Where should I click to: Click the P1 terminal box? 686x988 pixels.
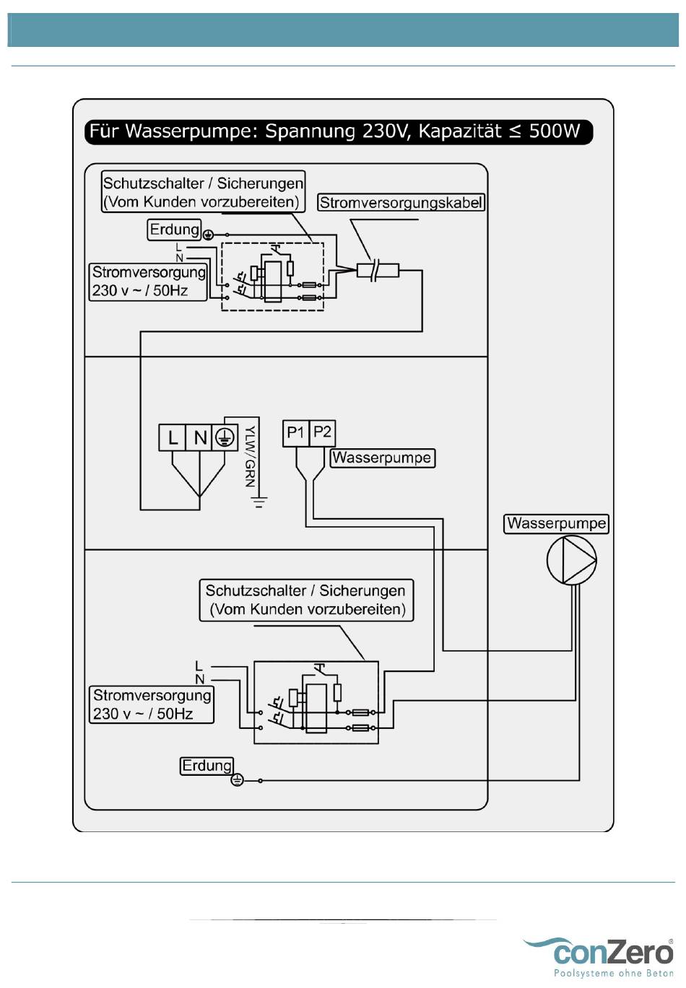(296, 433)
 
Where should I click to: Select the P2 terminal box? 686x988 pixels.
(322, 433)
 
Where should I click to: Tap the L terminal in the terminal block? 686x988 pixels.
(172, 437)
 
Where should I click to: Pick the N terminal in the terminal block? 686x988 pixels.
(199, 437)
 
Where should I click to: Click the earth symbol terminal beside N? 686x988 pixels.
(225, 437)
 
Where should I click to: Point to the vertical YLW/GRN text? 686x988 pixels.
(250, 457)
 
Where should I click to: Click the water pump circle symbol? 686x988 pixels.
(572, 560)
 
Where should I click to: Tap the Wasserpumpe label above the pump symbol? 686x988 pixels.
(556, 523)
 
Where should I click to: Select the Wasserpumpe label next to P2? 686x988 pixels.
(382, 458)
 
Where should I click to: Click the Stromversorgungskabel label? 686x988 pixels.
(401, 203)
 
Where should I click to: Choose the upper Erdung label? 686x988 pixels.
(174, 229)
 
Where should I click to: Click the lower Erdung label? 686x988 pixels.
(207, 766)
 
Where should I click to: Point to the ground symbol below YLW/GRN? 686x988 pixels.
(259, 502)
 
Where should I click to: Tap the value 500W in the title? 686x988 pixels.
(555, 131)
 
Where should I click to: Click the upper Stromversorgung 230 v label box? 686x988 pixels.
(148, 282)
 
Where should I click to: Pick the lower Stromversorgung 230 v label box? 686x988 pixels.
(152, 704)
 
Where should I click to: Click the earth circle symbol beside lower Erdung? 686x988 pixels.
(238, 780)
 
